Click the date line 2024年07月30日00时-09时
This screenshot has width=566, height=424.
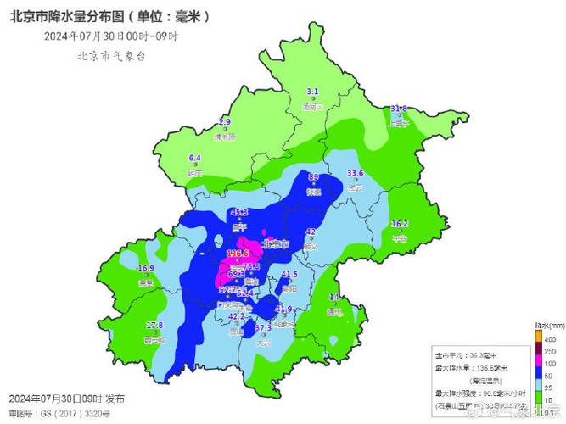[x=110, y=36]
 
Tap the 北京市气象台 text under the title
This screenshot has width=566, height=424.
[x=110, y=56]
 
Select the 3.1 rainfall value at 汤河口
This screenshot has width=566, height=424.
[x=312, y=92]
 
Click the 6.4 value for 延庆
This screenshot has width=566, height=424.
[x=194, y=158]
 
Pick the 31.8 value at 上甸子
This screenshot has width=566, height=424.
[x=399, y=109]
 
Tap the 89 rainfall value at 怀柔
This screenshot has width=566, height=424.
[x=313, y=177]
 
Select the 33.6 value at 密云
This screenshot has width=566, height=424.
[x=356, y=174]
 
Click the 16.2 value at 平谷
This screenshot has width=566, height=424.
[x=400, y=224]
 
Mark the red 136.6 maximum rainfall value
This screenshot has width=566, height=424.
[x=238, y=253]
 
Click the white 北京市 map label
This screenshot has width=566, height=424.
[x=277, y=243]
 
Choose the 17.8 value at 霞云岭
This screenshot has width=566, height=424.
[x=154, y=326]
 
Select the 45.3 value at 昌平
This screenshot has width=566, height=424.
[x=239, y=212]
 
